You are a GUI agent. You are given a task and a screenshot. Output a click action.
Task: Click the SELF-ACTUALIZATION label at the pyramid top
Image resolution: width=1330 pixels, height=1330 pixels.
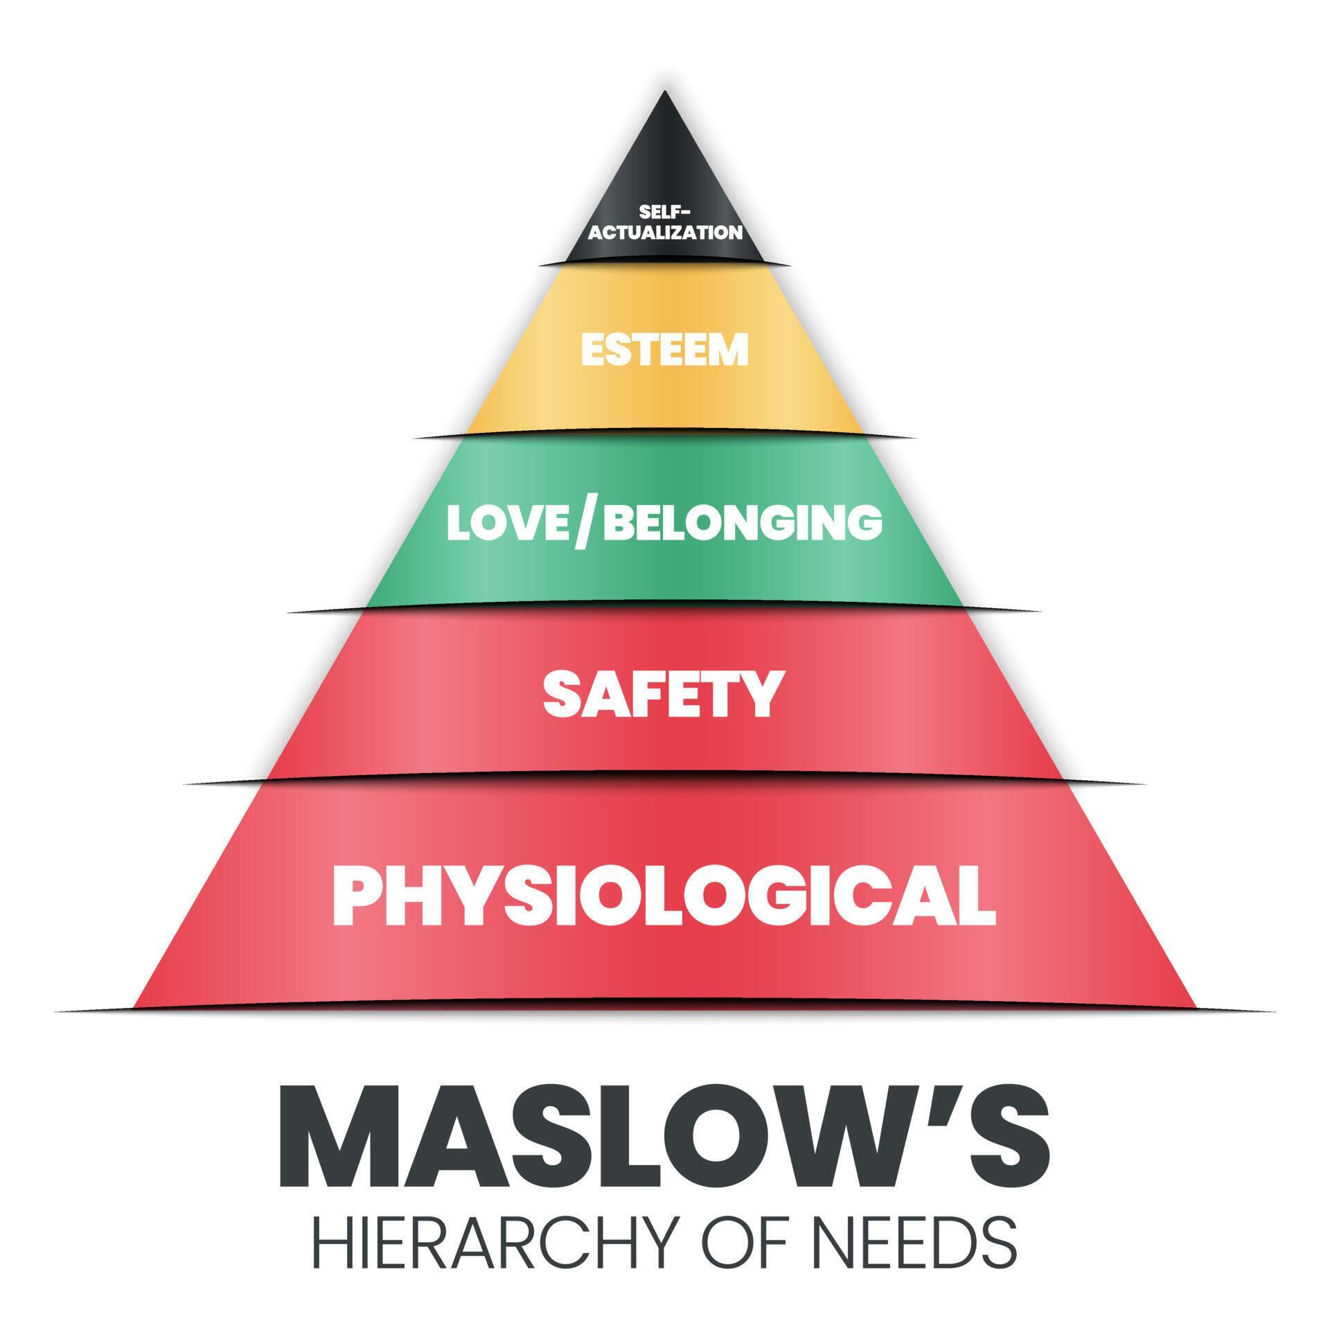665,222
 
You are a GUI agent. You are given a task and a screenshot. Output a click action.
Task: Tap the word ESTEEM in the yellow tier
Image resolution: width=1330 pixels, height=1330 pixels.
665,350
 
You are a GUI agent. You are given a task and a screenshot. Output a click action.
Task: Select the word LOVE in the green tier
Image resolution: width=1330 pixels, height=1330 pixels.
509,523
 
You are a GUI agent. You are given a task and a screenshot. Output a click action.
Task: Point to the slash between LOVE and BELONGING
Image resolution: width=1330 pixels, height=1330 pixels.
587,524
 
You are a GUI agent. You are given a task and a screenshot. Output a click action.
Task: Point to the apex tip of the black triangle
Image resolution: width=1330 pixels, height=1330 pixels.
666,91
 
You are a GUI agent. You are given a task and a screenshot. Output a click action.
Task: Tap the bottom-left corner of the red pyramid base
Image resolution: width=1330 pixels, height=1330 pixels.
134,1007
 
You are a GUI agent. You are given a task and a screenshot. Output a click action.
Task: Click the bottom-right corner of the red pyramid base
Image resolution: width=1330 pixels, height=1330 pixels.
1196,1007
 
